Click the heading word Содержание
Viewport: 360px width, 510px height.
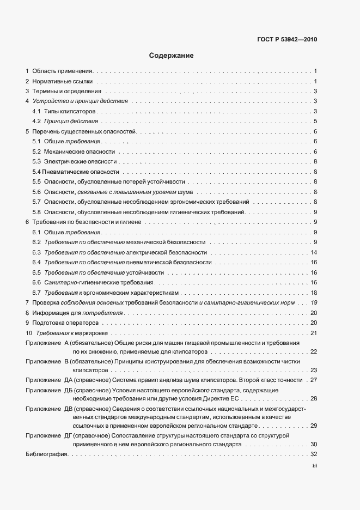[172, 56]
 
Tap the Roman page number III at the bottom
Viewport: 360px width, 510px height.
[314, 466]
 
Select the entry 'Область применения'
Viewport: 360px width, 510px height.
[63, 71]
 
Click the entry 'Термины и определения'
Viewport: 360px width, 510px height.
[66, 91]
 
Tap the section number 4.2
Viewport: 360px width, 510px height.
[36, 121]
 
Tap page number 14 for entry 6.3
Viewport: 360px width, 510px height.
[314, 252]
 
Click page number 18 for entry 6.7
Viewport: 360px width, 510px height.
[314, 293]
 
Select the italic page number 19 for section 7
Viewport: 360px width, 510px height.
[314, 302]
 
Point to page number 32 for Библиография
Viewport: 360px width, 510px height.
[314, 454]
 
